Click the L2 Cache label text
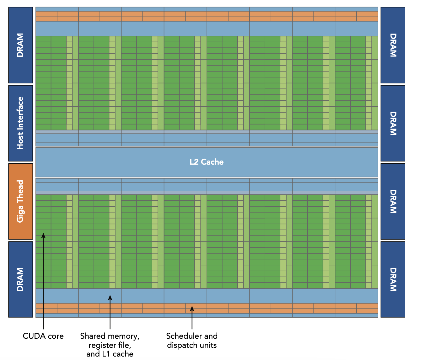tap(207, 162)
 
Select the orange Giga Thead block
tap(21, 201)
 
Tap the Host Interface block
tap(21, 123)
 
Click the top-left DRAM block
tap(21, 45)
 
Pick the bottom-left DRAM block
tap(21, 279)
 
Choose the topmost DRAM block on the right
tap(393, 45)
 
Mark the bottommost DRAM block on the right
tap(393, 279)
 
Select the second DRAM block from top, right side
tap(393, 123)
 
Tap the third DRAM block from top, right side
tap(393, 201)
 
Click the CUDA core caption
tap(43, 336)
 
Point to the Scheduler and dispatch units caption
tap(192, 341)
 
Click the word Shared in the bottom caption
tap(92, 336)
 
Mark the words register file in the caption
tap(110, 345)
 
